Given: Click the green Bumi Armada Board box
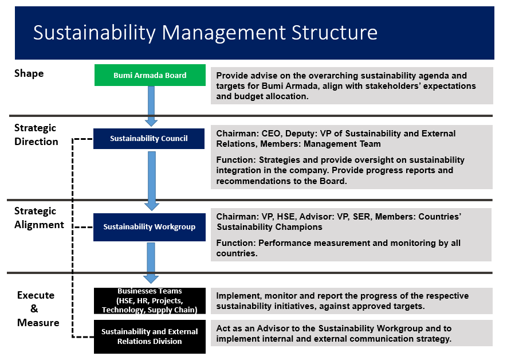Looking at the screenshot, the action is [150, 75].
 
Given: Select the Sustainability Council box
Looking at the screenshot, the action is [149, 138].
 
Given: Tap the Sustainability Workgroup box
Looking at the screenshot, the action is [150, 227].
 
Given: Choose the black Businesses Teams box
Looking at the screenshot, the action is [150, 301].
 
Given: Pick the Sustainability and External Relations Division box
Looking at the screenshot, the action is [150, 336].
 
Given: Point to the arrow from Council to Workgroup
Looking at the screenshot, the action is [152, 181].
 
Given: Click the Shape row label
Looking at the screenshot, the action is [29, 73].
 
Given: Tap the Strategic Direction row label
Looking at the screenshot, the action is [36, 135].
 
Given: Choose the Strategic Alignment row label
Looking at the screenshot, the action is [39, 218].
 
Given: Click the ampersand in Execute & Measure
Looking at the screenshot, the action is [34, 308].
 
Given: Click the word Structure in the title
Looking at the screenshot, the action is [335, 32].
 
